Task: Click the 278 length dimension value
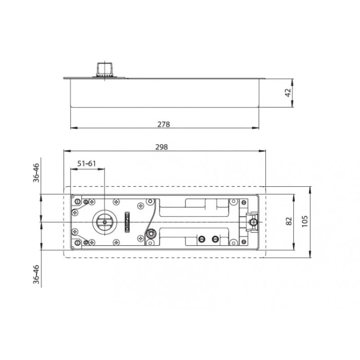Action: click(x=164, y=124)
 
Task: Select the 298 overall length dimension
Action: click(x=162, y=147)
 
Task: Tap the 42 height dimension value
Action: click(x=288, y=93)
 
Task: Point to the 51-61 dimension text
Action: click(x=86, y=164)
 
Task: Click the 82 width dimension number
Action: click(x=288, y=221)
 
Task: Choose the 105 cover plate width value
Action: click(x=304, y=221)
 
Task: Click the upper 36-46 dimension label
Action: click(x=36, y=173)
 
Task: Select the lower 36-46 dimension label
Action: click(x=36, y=275)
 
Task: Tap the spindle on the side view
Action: click(x=105, y=70)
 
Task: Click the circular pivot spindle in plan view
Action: click(x=105, y=222)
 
